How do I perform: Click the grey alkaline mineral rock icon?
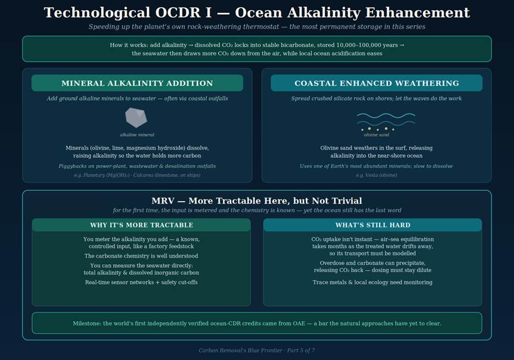click(136, 117)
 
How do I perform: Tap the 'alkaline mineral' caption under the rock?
click(137, 134)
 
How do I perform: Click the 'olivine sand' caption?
click(377, 134)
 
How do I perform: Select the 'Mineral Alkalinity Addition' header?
click(137, 83)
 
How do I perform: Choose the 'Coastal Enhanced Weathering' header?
click(377, 83)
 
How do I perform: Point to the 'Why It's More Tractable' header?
click(141, 225)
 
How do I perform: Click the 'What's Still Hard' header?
click(373, 225)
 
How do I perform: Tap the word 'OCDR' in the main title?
click(178, 12)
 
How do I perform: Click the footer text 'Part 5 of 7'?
click(301, 350)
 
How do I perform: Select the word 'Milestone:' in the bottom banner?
click(87, 323)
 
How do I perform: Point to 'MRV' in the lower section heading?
click(163, 201)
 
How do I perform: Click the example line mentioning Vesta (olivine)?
click(377, 175)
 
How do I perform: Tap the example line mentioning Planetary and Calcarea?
click(137, 175)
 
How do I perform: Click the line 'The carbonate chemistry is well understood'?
click(141, 256)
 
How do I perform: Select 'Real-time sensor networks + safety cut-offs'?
click(141, 282)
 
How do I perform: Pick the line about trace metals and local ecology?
click(372, 282)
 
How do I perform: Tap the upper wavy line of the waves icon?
click(386, 115)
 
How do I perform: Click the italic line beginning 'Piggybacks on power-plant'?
click(137, 166)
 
